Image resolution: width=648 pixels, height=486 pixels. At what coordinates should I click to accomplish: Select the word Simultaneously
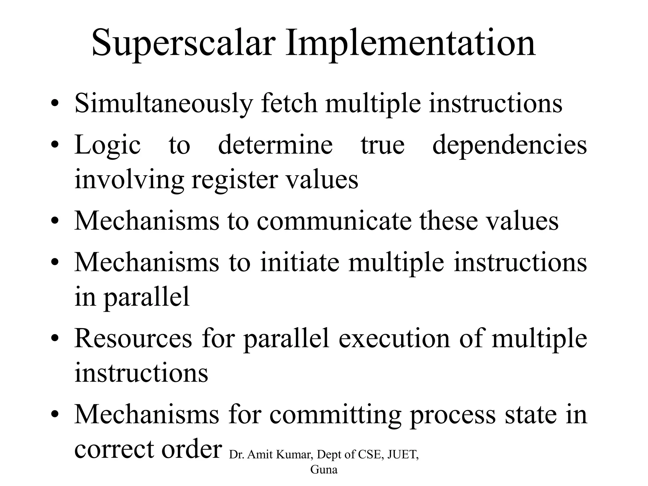click(164, 103)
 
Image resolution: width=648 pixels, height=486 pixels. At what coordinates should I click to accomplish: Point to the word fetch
click(289, 103)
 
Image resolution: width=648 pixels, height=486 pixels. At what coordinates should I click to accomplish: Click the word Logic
click(108, 145)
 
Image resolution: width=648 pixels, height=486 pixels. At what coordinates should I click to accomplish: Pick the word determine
click(275, 145)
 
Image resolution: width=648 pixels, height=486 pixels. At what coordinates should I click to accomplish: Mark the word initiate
click(299, 262)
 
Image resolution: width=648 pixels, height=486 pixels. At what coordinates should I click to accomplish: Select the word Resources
click(133, 338)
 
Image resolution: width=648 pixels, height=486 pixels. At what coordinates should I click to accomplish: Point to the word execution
click(394, 338)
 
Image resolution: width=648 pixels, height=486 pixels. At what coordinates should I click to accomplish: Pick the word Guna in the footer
click(324, 470)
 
